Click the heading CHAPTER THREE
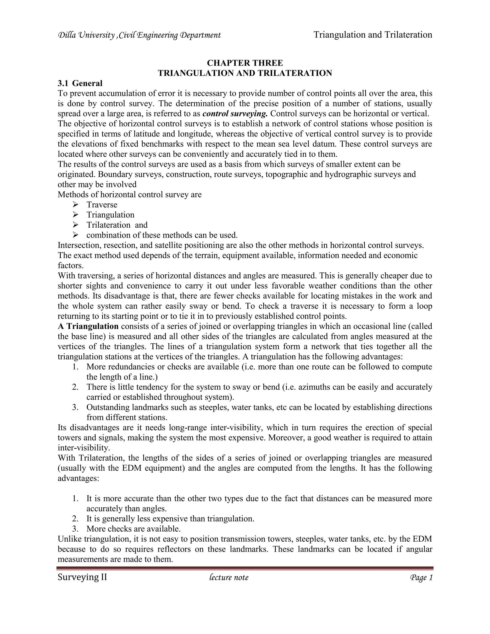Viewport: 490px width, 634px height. [x=245, y=63]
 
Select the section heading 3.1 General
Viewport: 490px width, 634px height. [x=80, y=83]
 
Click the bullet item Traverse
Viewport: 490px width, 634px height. [x=102, y=205]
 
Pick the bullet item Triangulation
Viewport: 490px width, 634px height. [x=110, y=215]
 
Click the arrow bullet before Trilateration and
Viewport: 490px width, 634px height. [x=75, y=225]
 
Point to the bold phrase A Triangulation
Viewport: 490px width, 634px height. [x=88, y=326]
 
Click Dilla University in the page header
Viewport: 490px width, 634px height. [x=86, y=35]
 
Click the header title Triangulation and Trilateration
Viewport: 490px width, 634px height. [x=373, y=35]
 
